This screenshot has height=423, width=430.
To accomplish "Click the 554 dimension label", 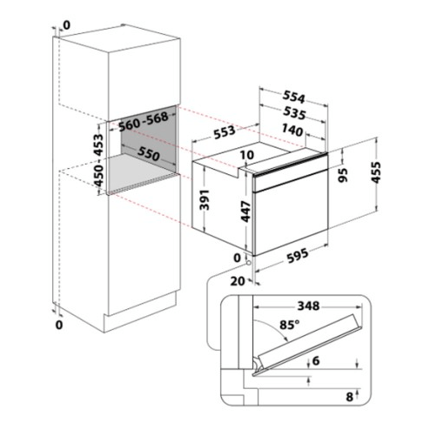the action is (294, 97).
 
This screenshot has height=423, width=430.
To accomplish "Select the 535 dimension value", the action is (294, 112).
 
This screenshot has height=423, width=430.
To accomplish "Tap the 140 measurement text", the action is (292, 130).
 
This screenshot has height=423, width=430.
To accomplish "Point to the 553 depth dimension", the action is (225, 132).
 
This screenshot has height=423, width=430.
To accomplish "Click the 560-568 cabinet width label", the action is (144, 121).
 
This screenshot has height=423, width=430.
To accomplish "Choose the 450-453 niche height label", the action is (99, 159).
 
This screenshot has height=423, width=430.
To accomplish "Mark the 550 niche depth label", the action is (149, 153).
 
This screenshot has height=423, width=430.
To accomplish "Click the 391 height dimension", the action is (205, 199).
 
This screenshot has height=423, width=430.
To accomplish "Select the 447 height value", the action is (246, 211).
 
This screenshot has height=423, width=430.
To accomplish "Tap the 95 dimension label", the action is (343, 175).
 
